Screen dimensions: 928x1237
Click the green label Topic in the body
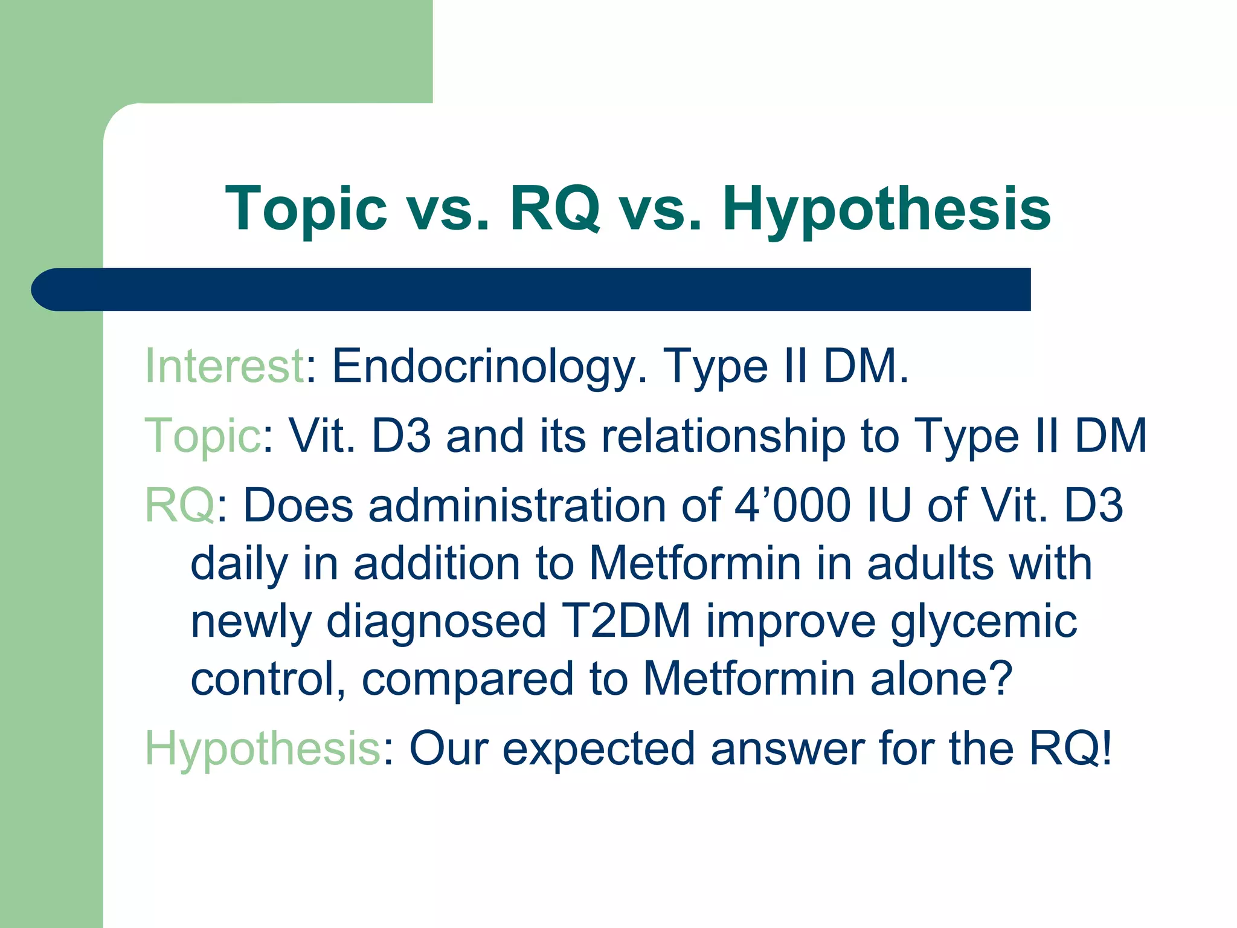point(203,436)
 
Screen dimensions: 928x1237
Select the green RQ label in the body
point(180,505)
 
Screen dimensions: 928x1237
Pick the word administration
point(517,505)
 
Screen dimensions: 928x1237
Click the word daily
point(239,564)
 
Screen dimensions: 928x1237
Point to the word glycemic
point(984,622)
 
